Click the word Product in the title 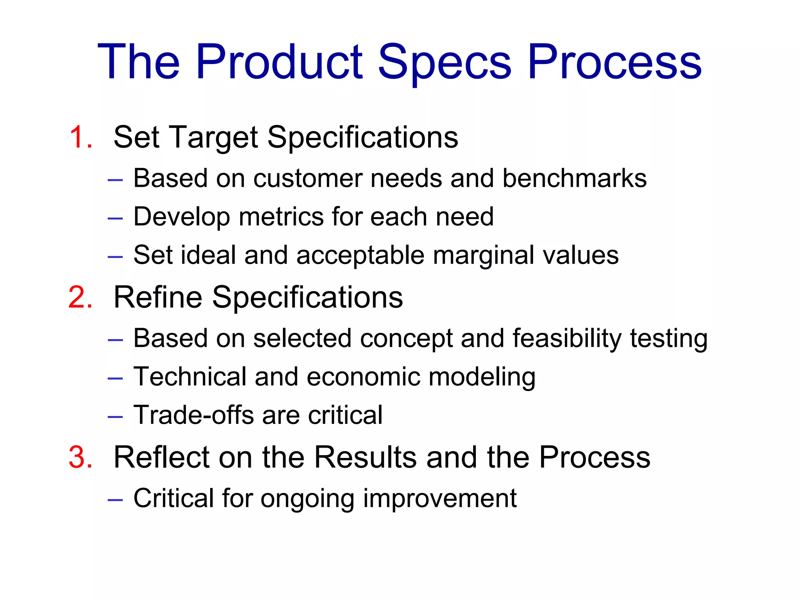click(279, 62)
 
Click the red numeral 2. click(80, 298)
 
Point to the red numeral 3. click(80, 457)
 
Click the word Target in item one click(214, 137)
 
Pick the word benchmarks click(574, 179)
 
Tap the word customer click(308, 179)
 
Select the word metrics click(281, 217)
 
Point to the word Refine click(158, 298)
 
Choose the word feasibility click(567, 338)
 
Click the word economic click(363, 377)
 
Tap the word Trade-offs click(194, 415)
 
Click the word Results click(365, 457)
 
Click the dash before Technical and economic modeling click(115, 378)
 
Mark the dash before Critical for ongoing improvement click(115, 500)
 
